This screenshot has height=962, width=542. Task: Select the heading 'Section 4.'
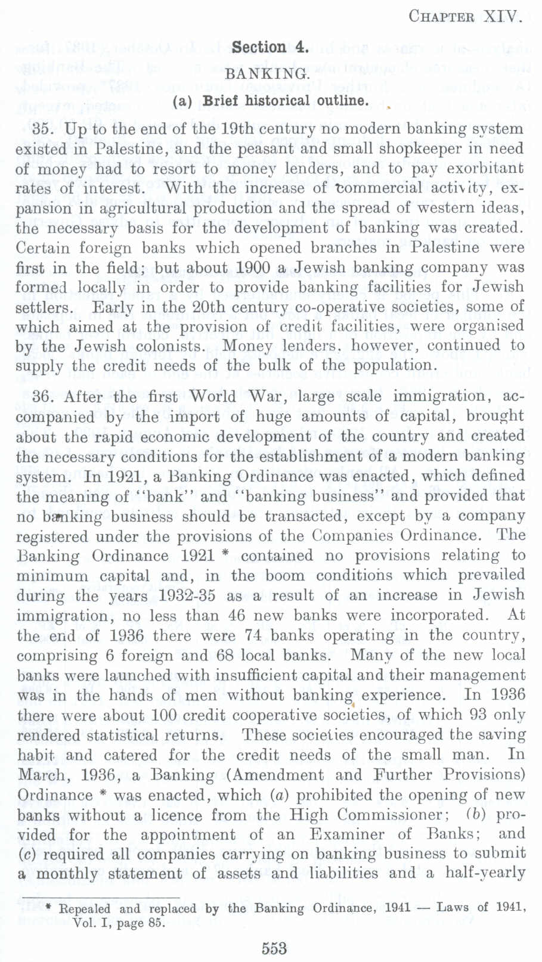(x=270, y=47)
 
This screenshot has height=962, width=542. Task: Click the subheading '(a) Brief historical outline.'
(x=270, y=101)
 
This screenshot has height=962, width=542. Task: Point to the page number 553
(x=274, y=948)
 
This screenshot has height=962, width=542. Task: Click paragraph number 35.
(x=44, y=129)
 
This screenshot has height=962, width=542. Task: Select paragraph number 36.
(x=44, y=396)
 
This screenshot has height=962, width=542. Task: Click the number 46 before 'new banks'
(x=236, y=615)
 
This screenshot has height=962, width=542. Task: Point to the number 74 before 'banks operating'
(x=253, y=635)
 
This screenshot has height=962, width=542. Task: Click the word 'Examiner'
(x=346, y=834)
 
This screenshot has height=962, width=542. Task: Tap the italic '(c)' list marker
(x=24, y=854)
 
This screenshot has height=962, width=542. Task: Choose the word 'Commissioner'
(x=389, y=814)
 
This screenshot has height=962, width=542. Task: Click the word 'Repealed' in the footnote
(x=85, y=909)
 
